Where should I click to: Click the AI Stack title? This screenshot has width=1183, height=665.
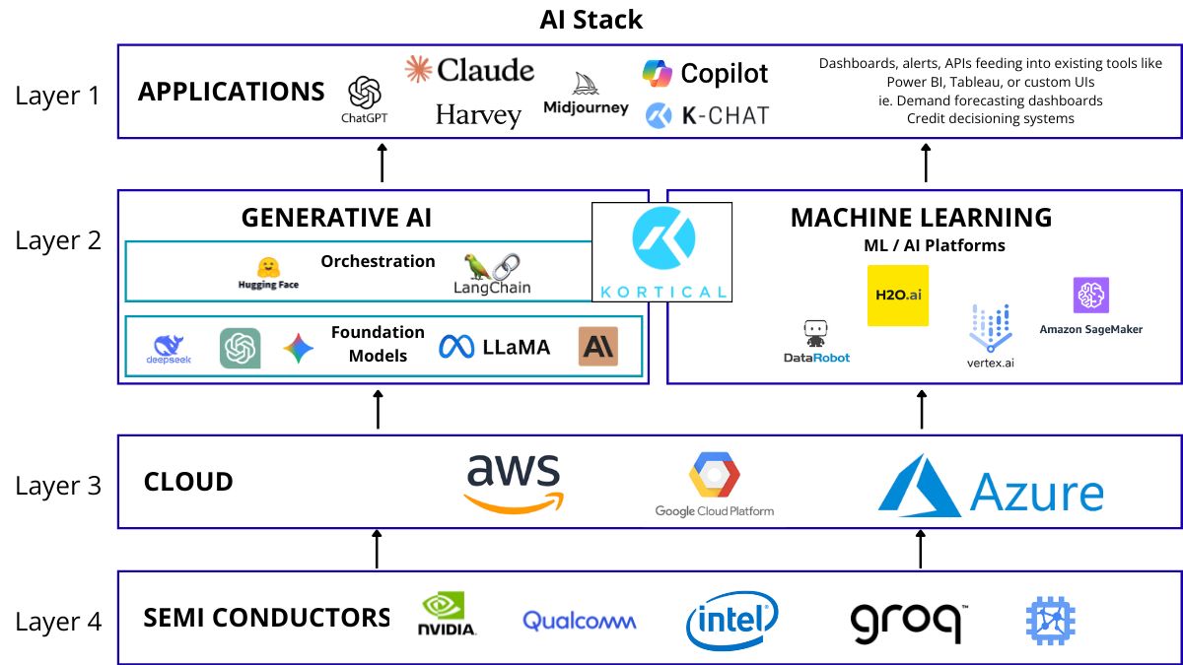tap(591, 19)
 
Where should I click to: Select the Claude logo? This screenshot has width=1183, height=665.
tap(470, 70)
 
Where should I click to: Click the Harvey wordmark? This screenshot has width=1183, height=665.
tap(478, 115)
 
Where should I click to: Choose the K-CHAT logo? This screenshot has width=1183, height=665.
tap(707, 115)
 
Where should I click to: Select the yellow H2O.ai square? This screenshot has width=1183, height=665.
tap(897, 295)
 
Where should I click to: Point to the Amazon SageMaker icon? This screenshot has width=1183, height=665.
tap(1091, 296)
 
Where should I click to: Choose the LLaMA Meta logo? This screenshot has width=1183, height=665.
tap(495, 347)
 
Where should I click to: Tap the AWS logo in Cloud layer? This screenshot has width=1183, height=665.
tap(514, 483)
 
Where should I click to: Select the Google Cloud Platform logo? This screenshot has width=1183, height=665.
tap(715, 484)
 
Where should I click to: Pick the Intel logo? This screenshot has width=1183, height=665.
tap(731, 621)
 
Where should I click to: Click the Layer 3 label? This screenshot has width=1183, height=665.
tap(58, 486)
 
